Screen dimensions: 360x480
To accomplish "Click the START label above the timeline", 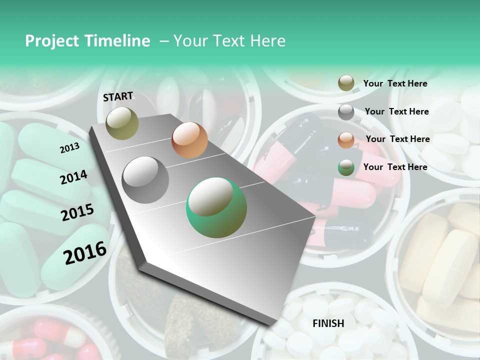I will click(x=118, y=96).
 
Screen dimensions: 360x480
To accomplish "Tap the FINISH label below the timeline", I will click(x=328, y=323).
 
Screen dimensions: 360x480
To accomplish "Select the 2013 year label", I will click(x=69, y=148).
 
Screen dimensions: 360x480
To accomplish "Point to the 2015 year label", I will click(x=77, y=212).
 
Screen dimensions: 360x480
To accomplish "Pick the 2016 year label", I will click(x=85, y=252).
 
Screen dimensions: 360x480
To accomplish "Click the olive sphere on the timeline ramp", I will click(x=122, y=123).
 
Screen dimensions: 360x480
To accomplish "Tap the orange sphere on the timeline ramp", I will click(x=189, y=140).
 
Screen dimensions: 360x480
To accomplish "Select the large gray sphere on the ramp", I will click(x=145, y=179).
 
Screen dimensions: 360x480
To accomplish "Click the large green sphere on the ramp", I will click(x=216, y=208).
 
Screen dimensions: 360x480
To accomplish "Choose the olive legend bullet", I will click(x=346, y=83).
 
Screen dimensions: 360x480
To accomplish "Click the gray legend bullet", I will click(x=346, y=112).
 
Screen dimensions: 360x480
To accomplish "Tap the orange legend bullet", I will click(x=346, y=140).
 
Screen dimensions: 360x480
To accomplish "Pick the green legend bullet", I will click(x=346, y=167).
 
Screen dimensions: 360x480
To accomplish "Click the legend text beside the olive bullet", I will click(x=395, y=84).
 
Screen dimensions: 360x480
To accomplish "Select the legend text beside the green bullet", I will click(x=395, y=167).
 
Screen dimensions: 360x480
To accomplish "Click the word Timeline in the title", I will click(x=113, y=41).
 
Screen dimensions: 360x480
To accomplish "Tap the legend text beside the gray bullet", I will click(x=396, y=111).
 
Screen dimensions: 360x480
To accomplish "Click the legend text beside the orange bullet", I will click(x=397, y=139).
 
